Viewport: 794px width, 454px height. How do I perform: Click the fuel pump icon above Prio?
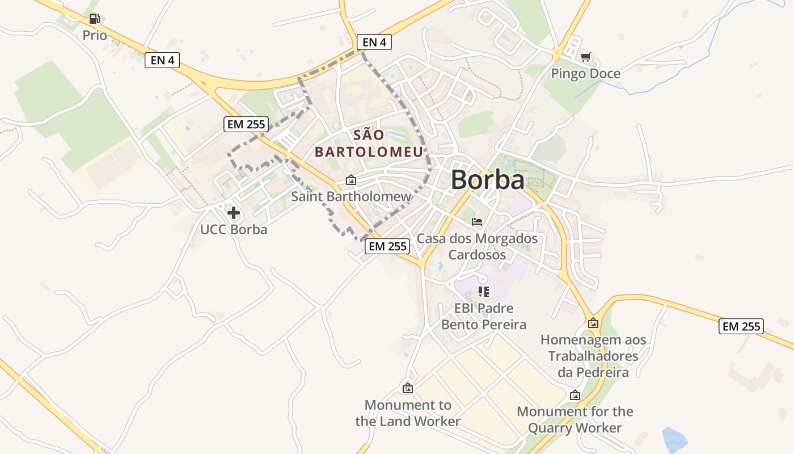point(95,19)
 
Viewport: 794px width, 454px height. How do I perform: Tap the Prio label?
point(95,35)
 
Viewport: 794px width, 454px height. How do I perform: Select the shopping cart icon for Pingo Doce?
point(585,57)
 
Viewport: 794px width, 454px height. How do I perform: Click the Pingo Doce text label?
point(585,74)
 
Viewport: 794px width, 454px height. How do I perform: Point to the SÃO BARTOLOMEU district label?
point(369,144)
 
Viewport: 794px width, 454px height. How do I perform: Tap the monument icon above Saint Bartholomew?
point(351,180)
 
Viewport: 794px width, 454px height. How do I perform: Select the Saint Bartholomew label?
point(351,197)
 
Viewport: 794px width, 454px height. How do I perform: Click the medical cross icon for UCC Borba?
point(233,213)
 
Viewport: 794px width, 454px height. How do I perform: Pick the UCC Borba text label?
point(233,230)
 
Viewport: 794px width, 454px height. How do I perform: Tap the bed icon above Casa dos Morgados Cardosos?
point(477,221)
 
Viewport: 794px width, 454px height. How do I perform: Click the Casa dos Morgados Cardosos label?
point(477,246)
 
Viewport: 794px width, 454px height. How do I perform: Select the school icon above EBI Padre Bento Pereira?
point(483,292)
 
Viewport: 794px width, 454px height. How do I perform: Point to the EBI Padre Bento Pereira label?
point(483,317)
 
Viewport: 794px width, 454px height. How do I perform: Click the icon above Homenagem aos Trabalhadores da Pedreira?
point(593,323)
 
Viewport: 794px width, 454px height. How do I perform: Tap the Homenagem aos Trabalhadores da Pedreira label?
point(593,356)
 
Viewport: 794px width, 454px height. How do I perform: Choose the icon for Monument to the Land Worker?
point(407,388)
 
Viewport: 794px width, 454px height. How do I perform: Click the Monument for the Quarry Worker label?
point(575,419)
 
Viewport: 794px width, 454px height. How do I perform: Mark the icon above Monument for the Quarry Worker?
point(575,395)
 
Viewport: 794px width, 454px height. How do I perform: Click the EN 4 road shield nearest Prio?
point(162,60)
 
